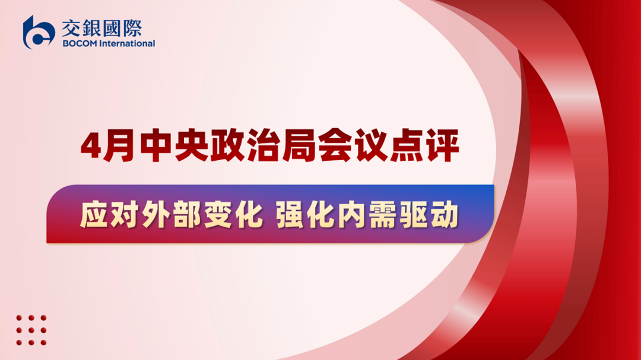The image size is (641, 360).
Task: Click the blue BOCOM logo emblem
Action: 39,32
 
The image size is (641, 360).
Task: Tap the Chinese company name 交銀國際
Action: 102,28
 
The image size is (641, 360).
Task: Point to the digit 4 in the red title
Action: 91,146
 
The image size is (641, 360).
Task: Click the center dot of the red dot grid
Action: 31,330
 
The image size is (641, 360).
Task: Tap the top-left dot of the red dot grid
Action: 19,318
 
